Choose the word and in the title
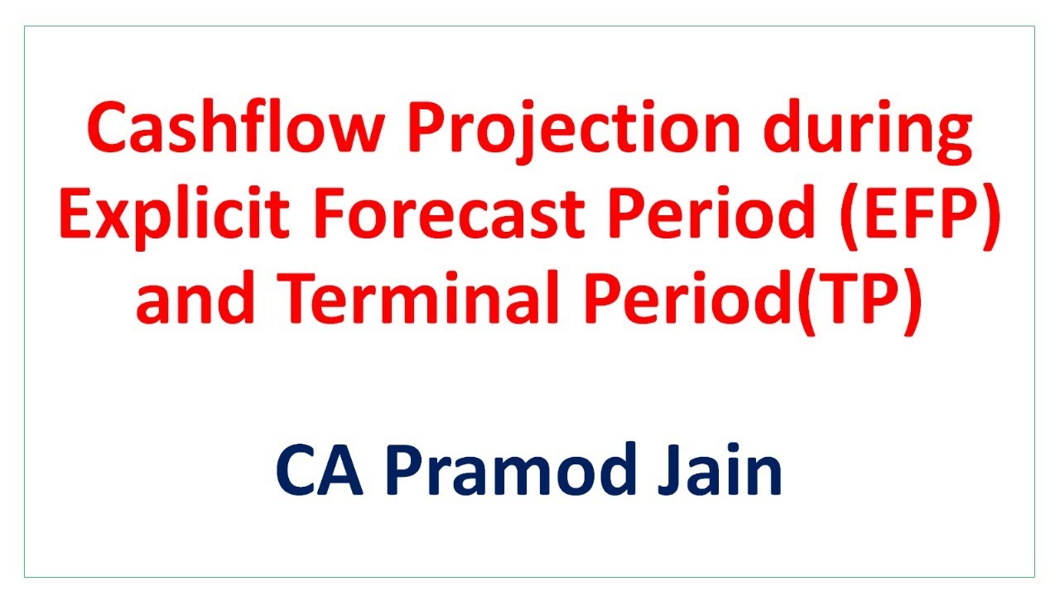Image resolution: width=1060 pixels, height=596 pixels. (185, 300)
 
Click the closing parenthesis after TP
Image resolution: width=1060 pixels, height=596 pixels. (912, 300)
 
